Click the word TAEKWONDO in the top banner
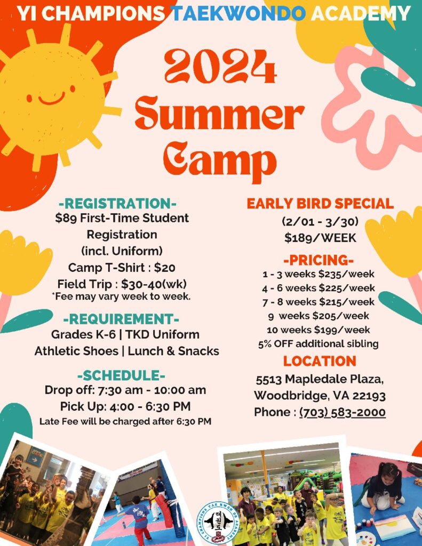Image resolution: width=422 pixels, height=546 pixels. tap(240, 13)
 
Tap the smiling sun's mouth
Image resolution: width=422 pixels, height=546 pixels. tap(52, 99)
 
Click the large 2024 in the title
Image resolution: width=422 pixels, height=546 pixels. tap(220, 67)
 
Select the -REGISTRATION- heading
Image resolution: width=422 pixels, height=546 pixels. tap(118, 204)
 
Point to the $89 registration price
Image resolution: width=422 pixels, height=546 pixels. tap(66, 218)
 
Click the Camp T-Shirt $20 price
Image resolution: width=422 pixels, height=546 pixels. tap(165, 268)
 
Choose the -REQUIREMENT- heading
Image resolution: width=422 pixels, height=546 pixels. tap(121, 319)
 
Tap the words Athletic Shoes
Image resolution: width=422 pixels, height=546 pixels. tap(76, 351)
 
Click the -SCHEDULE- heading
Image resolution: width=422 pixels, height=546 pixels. tap(121, 376)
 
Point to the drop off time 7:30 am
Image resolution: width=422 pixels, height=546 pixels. tap(120, 390)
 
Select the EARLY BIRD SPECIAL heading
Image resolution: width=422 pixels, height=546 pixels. tap(320, 204)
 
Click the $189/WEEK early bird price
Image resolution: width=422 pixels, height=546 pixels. tap(320, 238)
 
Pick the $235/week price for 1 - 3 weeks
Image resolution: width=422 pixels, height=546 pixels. tap(346, 274)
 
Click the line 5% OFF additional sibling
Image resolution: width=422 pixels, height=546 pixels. tap(318, 344)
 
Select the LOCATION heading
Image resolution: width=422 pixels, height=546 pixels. tap(320, 361)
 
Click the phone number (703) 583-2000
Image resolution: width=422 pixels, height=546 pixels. tap(343, 412)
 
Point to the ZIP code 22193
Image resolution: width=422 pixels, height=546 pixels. tap(369, 396)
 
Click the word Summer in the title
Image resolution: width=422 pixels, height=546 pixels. tap(220, 114)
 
